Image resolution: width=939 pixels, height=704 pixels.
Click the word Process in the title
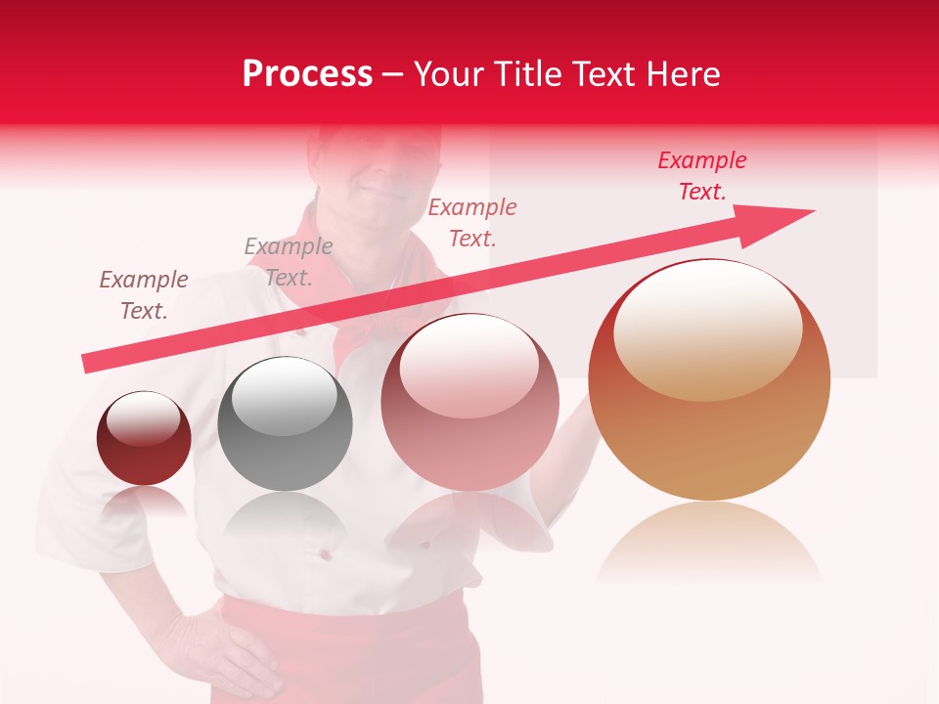point(307,74)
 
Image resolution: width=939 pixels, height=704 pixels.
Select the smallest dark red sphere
point(144,439)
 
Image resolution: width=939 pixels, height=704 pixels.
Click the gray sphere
point(285,424)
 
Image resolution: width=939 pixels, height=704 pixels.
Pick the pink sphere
point(469,403)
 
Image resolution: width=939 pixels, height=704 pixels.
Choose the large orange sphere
point(709,381)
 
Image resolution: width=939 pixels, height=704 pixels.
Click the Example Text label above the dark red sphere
point(144,295)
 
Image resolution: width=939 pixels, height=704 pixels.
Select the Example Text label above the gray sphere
point(289,262)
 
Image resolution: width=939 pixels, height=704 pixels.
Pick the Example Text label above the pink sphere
point(472,223)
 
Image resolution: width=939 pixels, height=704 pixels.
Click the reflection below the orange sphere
point(709,543)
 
